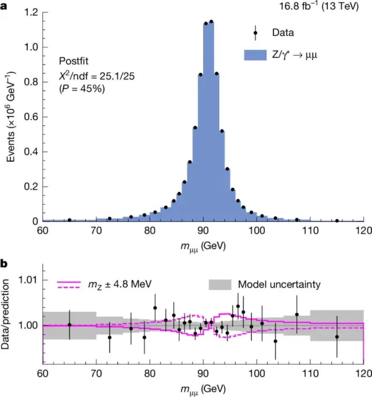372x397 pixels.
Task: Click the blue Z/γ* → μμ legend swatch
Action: click(x=255, y=55)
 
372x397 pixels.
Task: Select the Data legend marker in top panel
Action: click(x=255, y=32)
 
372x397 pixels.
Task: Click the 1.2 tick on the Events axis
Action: click(x=31, y=13)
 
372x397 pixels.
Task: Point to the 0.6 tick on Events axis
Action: click(x=31, y=117)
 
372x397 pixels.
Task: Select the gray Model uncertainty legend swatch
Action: click(x=220, y=284)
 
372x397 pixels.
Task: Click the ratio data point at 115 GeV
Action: click(x=337, y=336)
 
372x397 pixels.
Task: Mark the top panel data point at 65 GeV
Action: click(x=70, y=220)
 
